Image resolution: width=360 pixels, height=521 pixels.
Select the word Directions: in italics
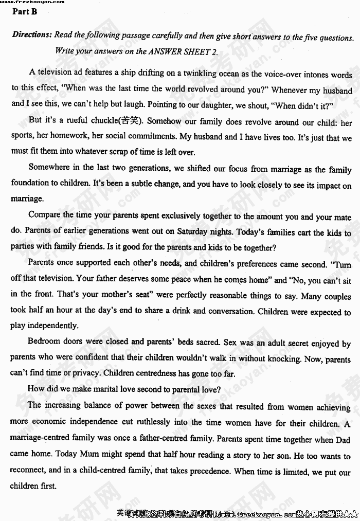[32, 35]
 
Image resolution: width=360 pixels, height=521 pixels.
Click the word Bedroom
[44, 341]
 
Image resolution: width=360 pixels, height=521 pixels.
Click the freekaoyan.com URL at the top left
[32, 2]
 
